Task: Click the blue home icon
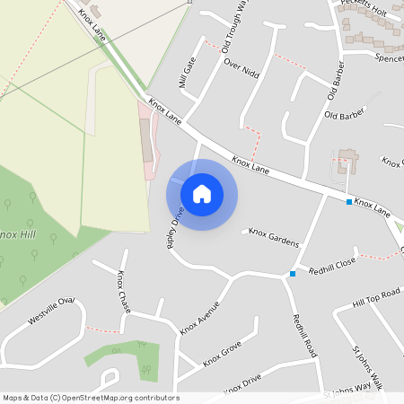tap(202, 193)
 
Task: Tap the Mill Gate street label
tap(188, 75)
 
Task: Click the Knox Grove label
tap(224, 352)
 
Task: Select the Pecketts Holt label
tap(364, 5)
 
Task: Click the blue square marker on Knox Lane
tap(349, 202)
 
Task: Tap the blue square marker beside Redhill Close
tap(293, 273)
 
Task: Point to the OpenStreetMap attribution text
tap(91, 397)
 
